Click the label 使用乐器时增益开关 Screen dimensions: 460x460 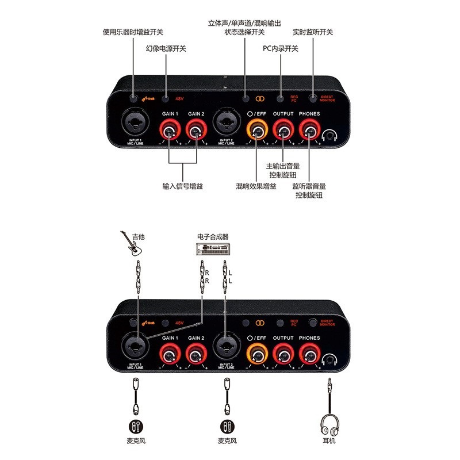132,32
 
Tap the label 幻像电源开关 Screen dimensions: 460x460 166,49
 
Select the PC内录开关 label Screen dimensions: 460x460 280,49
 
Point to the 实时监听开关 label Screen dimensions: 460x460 313,32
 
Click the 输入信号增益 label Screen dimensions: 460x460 183,186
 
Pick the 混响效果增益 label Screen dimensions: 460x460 256,186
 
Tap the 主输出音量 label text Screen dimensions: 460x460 283,166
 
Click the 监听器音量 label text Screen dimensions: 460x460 309,186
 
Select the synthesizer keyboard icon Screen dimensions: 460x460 213,249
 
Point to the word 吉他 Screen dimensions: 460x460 138,236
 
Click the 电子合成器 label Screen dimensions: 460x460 213,236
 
